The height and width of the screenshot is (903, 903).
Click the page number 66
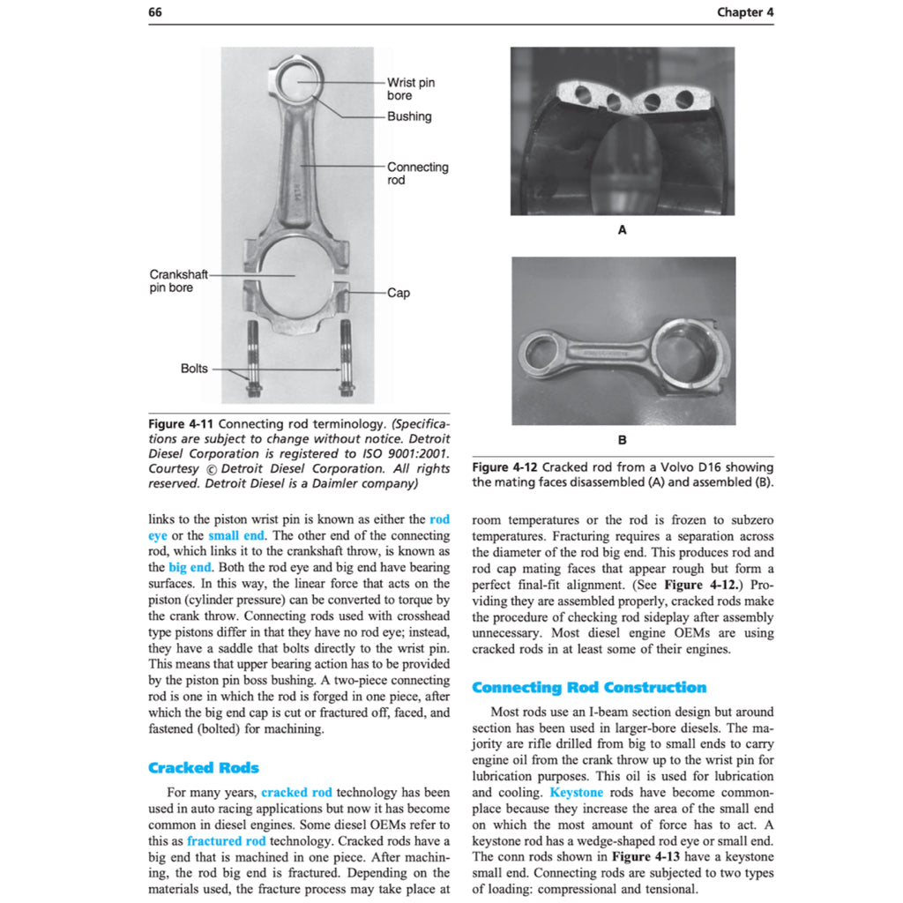pyautogui.click(x=155, y=11)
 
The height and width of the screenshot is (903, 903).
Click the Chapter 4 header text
pyautogui.click(x=745, y=11)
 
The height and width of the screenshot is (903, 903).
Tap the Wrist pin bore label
pyautogui.click(x=410, y=88)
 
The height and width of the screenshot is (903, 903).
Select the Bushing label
pyautogui.click(x=409, y=116)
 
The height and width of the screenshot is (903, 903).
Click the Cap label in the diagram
pyautogui.click(x=399, y=293)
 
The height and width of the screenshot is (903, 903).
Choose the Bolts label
pyautogui.click(x=194, y=369)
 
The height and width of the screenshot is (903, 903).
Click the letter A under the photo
pyautogui.click(x=622, y=230)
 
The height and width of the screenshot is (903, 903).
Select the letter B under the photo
pyautogui.click(x=623, y=438)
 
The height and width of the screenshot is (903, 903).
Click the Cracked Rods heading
pyautogui.click(x=204, y=767)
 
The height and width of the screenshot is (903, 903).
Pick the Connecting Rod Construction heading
pyautogui.click(x=589, y=687)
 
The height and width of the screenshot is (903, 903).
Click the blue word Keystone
pyautogui.click(x=576, y=793)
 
